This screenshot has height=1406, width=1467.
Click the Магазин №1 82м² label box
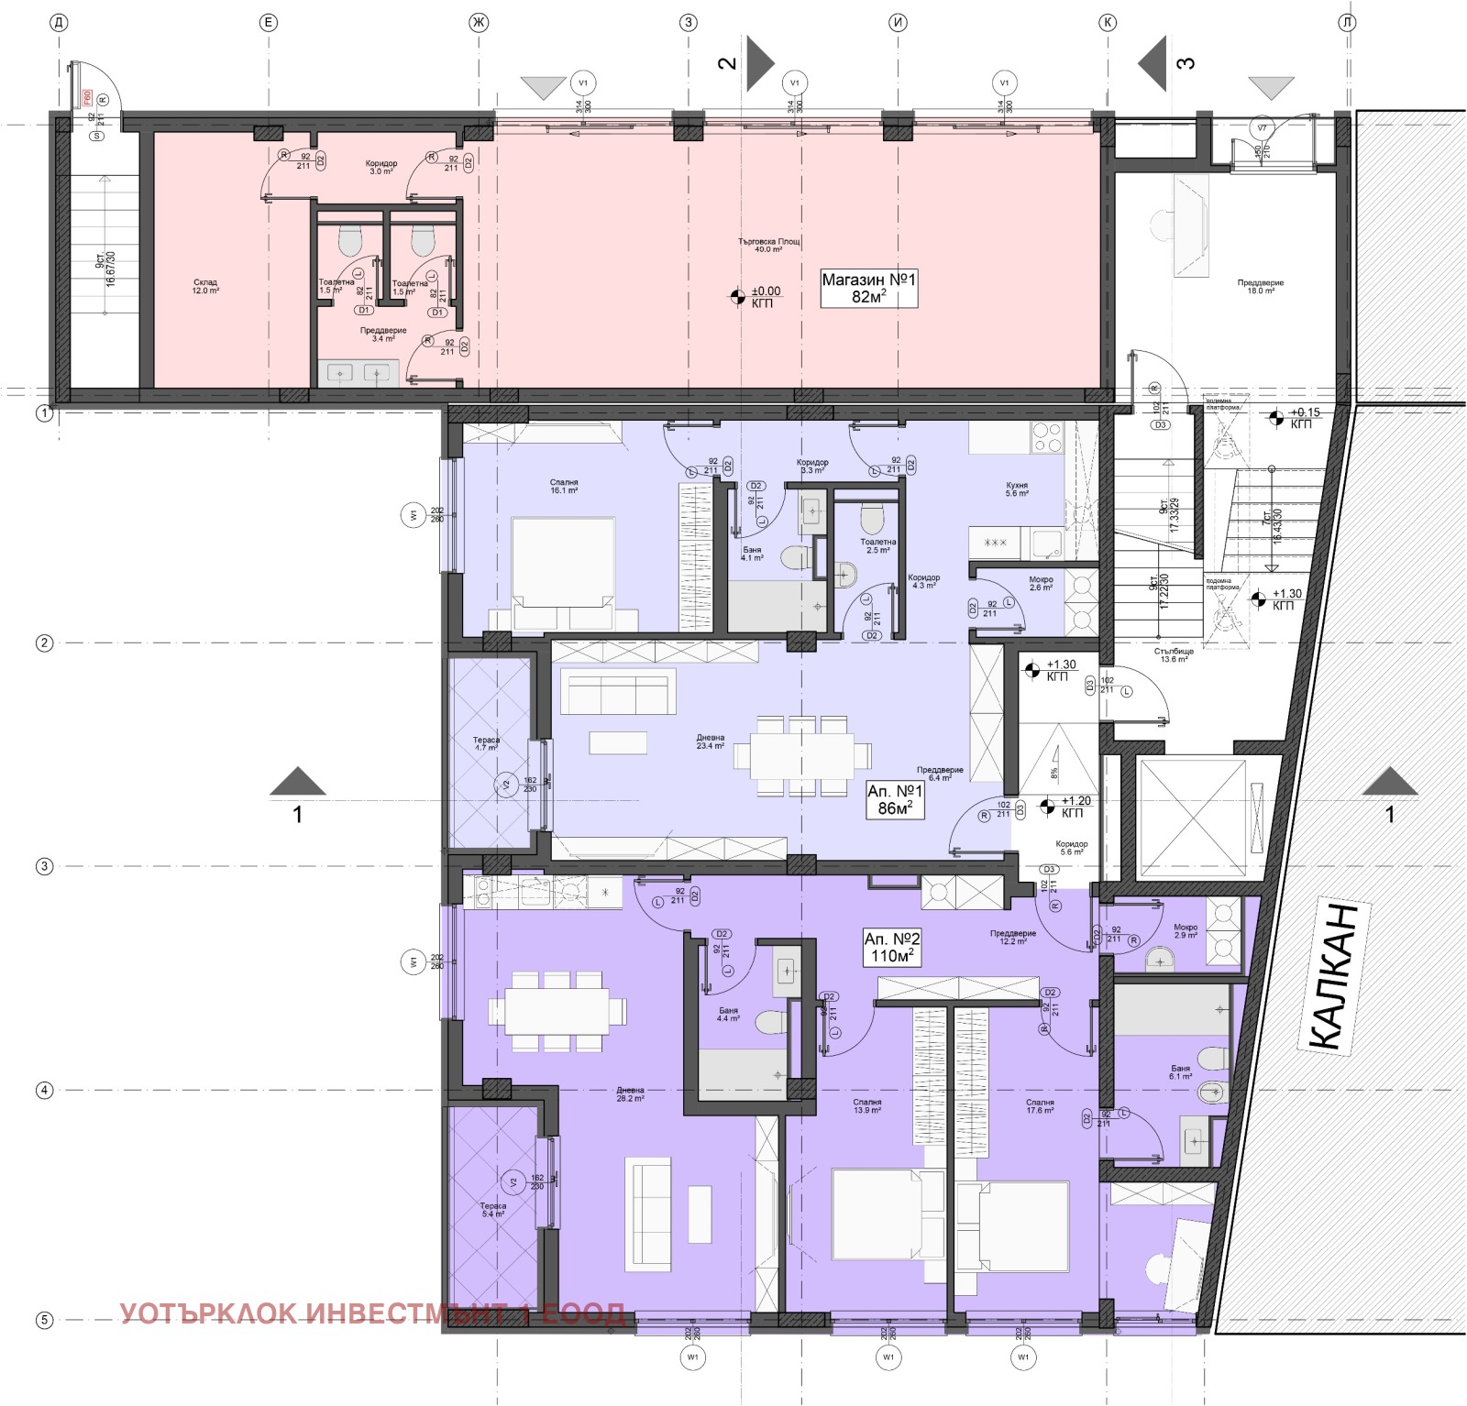pos(868,288)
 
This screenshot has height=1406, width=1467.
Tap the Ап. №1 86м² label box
pos(895,799)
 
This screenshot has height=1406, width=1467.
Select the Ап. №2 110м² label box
pos(891,947)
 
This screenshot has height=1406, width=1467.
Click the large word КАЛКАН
pos(1334,976)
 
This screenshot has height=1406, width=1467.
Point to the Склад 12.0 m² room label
pos(205,287)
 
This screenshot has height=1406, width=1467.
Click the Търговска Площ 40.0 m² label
pos(769,246)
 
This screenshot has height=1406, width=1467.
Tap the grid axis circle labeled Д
pos(59,23)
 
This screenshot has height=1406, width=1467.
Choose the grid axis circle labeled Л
pos(1347,23)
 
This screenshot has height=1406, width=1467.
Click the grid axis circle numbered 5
pos(44,1320)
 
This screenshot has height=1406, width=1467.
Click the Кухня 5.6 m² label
pos(1016,489)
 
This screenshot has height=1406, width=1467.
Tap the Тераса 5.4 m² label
pos(492,1210)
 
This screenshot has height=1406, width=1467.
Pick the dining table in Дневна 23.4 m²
pos(801,754)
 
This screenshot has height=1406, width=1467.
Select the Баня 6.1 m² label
pos(1180,1072)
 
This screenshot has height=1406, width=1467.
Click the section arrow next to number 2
pos(759,63)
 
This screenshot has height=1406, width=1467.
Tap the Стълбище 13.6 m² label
pos(1175,655)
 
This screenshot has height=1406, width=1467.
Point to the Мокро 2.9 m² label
pos(1186,930)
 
